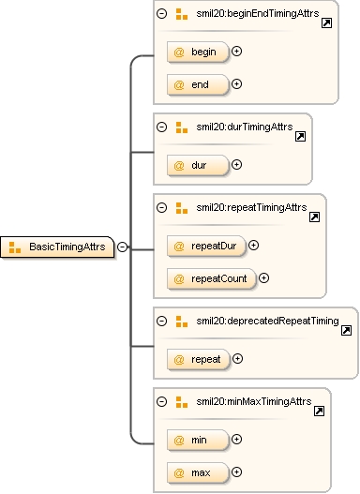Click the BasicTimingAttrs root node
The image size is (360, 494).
57,247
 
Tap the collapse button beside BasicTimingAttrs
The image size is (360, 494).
122,247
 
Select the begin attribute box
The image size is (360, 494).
198,52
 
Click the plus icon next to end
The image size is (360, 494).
236,83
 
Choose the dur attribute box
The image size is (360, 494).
198,165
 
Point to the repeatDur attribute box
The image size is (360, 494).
206,246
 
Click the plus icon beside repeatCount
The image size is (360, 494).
263,277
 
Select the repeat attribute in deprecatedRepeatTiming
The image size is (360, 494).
198,359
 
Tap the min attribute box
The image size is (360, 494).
198,440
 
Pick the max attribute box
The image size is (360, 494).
198,472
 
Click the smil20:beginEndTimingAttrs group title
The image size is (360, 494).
258,13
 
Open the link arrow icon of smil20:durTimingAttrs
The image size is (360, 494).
301,137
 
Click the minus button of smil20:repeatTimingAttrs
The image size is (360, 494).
161,207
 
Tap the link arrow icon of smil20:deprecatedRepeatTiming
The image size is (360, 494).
347,330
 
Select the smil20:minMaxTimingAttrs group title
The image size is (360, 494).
254,401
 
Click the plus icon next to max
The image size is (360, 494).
236,472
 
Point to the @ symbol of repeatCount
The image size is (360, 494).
179,278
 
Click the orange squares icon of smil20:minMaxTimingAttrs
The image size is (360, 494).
182,402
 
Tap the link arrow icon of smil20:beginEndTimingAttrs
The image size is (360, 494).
326,23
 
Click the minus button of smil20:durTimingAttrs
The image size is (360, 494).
161,127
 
